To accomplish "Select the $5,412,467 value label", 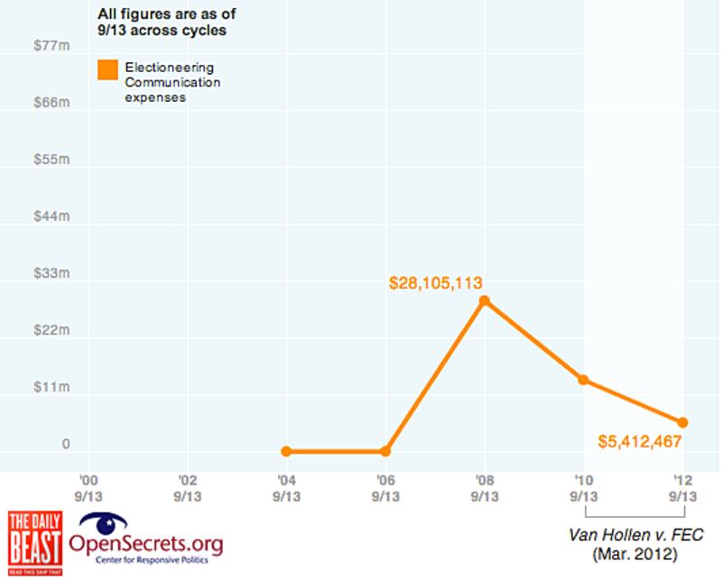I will click(639, 442).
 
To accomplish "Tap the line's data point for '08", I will click(485, 300).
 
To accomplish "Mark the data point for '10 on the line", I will click(583, 380).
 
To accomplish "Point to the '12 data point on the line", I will click(682, 422).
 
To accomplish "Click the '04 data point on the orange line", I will click(286, 451).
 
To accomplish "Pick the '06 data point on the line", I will click(385, 451).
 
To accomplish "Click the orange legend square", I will click(108, 70).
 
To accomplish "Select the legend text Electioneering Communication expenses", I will click(162, 82).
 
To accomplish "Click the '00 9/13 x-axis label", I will click(88, 488).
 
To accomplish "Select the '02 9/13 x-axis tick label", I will click(187, 488).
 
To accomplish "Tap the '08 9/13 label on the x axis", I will click(485, 488).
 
